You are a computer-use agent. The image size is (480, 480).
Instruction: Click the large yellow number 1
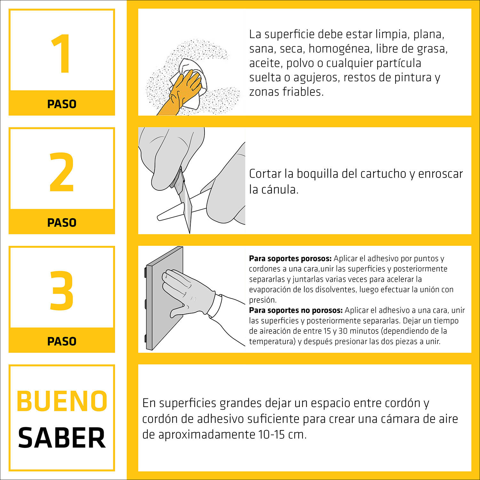pyautogui.click(x=61, y=54)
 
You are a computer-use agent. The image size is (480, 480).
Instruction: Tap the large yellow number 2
pyautogui.click(x=61, y=172)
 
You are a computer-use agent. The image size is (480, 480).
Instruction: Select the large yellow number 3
pyautogui.click(x=61, y=291)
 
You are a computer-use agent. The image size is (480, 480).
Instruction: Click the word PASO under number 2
pyautogui.click(x=62, y=223)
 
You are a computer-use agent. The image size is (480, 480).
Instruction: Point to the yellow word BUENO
pyautogui.click(x=62, y=401)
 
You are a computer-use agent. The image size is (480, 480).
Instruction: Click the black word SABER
pyautogui.click(x=62, y=438)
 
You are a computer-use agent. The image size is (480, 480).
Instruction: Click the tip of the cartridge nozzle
pyautogui.click(x=159, y=218)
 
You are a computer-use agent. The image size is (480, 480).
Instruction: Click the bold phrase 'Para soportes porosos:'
pyautogui.click(x=290, y=259)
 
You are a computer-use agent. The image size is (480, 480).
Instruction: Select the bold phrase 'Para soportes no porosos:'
pyautogui.click(x=296, y=310)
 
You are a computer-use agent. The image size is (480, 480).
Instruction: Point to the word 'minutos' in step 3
pyautogui.click(x=364, y=331)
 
